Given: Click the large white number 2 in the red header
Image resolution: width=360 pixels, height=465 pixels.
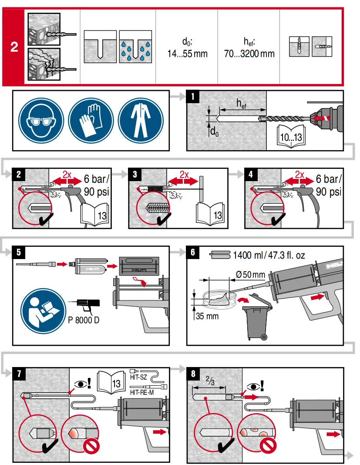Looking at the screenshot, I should (x=14, y=47).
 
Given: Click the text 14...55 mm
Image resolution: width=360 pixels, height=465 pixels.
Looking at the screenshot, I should (x=187, y=54).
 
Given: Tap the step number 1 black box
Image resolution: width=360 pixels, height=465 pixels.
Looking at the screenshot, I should (x=193, y=96).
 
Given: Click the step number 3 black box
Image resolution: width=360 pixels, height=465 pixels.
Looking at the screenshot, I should (x=135, y=174).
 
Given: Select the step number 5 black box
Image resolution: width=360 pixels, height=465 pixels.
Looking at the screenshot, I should (x=18, y=252).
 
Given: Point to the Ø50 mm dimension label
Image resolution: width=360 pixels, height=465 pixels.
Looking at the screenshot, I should (x=250, y=275).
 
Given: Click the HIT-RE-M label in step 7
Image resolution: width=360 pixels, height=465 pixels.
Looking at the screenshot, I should (x=142, y=392).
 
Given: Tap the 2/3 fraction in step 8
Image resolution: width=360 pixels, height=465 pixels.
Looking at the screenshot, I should (x=210, y=382).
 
